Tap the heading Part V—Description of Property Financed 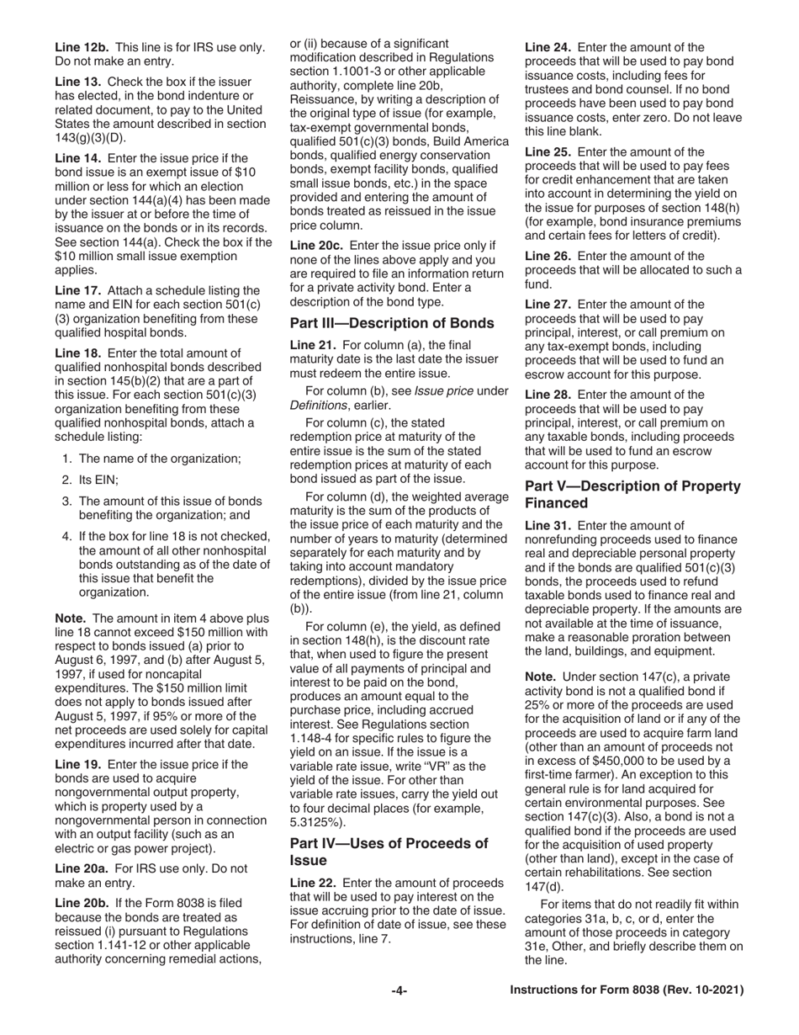632,495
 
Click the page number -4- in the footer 399,991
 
